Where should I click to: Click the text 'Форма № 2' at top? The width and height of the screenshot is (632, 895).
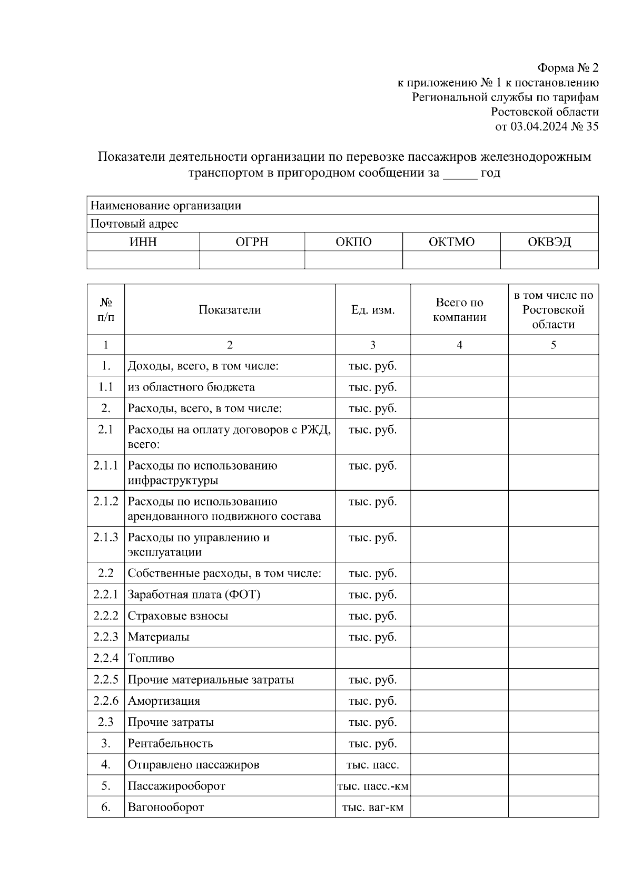pyautogui.click(x=568, y=68)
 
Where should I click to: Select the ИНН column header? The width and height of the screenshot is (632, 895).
pyautogui.click(x=143, y=242)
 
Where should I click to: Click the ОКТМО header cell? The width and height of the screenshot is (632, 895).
pyautogui.click(x=451, y=242)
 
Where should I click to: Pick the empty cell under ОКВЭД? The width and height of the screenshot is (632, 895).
pyautogui.click(x=549, y=260)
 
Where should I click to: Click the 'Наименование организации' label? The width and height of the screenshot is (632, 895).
pyautogui.click(x=166, y=206)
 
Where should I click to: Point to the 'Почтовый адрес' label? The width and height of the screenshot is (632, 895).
pyautogui.click(x=134, y=224)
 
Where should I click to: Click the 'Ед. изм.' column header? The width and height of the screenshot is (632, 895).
pyautogui.click(x=373, y=310)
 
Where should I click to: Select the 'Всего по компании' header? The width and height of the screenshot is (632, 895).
pyautogui.click(x=459, y=310)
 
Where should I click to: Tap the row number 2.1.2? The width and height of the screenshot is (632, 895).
pyautogui.click(x=106, y=501)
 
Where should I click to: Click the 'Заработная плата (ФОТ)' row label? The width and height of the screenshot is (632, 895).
pyautogui.click(x=194, y=595)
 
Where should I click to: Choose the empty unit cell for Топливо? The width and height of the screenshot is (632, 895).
pyautogui.click(x=373, y=658)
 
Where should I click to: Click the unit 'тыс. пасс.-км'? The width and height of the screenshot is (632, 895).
pyautogui.click(x=373, y=786)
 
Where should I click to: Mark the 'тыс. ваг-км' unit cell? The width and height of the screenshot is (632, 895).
pyautogui.click(x=373, y=807)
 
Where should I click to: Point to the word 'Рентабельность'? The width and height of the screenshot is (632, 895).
pyautogui.click(x=170, y=743)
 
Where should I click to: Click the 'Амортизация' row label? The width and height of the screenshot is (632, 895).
pyautogui.click(x=164, y=701)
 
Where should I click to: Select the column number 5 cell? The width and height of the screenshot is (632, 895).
pyautogui.click(x=553, y=345)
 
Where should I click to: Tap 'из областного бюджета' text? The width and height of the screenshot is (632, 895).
pyautogui.click(x=191, y=387)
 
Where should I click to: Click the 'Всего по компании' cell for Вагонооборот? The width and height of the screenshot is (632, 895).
pyautogui.click(x=459, y=807)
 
